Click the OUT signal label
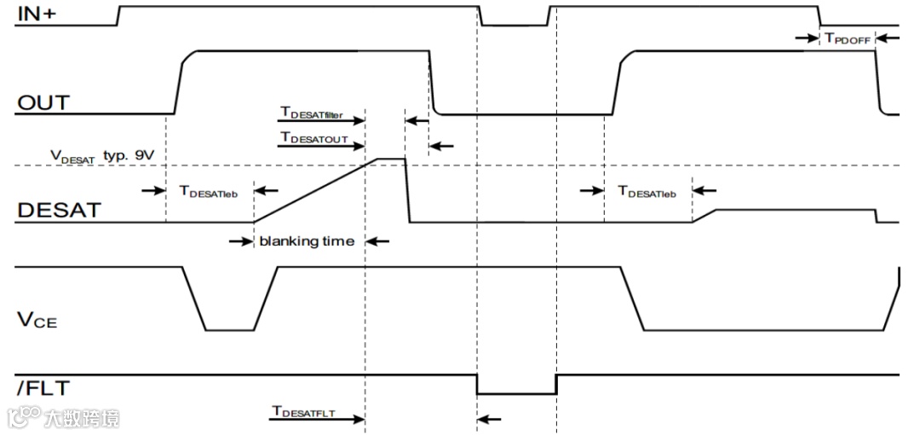pyautogui.click(x=43, y=103)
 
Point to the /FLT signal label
pyautogui.click(x=42, y=389)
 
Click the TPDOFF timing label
pyautogui.click(x=846, y=38)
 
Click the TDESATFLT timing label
pyautogui.click(x=304, y=412)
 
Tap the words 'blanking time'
pyautogui.click(x=307, y=241)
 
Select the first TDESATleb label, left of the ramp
pyautogui.click(x=209, y=192)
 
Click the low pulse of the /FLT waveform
pyautogui.click(x=516, y=393)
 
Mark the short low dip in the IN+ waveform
pyautogui.click(x=515, y=25)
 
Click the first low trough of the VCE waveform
pyautogui.click(x=229, y=329)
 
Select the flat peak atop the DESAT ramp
pyautogui.click(x=390, y=159)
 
